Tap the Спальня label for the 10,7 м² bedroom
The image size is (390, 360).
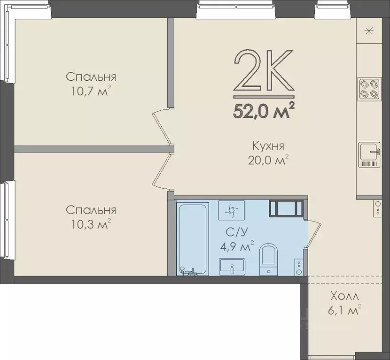click(91, 77)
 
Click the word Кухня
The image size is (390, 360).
click(267, 146)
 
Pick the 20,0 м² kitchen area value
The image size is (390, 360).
click(267, 161)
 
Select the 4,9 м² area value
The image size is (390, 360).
click(237, 246)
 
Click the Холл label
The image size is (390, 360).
click(344, 297)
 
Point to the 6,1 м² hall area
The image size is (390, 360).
click(344, 310)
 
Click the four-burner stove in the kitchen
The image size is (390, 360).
click(369, 88)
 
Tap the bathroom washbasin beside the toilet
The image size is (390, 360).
click(232, 266)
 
